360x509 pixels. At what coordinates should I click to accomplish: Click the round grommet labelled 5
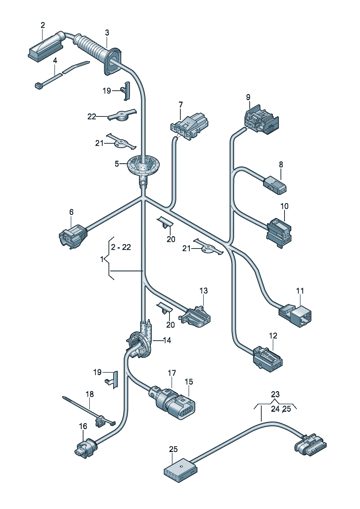144,165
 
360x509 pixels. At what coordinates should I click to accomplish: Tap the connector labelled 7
189,125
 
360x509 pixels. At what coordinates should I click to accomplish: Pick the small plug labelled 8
275,184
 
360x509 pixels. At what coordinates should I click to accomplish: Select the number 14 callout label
167,340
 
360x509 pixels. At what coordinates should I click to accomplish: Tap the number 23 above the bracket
275,394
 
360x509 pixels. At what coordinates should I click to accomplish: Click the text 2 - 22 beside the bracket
121,247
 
